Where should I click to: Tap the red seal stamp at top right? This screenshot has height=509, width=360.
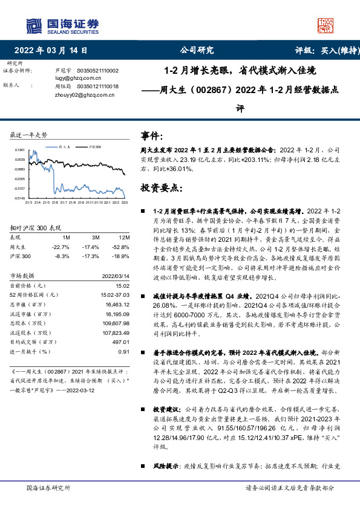click(x=326, y=25)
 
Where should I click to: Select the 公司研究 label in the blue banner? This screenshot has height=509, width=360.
click(x=197, y=51)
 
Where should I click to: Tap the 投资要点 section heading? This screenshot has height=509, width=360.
click(x=162, y=187)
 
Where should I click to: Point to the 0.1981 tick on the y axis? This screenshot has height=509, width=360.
click(x=21, y=150)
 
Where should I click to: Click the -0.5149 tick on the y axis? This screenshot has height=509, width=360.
click(x=20, y=198)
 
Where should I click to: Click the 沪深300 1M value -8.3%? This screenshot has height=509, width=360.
click(x=62, y=257)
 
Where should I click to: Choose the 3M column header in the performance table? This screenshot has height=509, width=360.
click(x=91, y=238)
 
